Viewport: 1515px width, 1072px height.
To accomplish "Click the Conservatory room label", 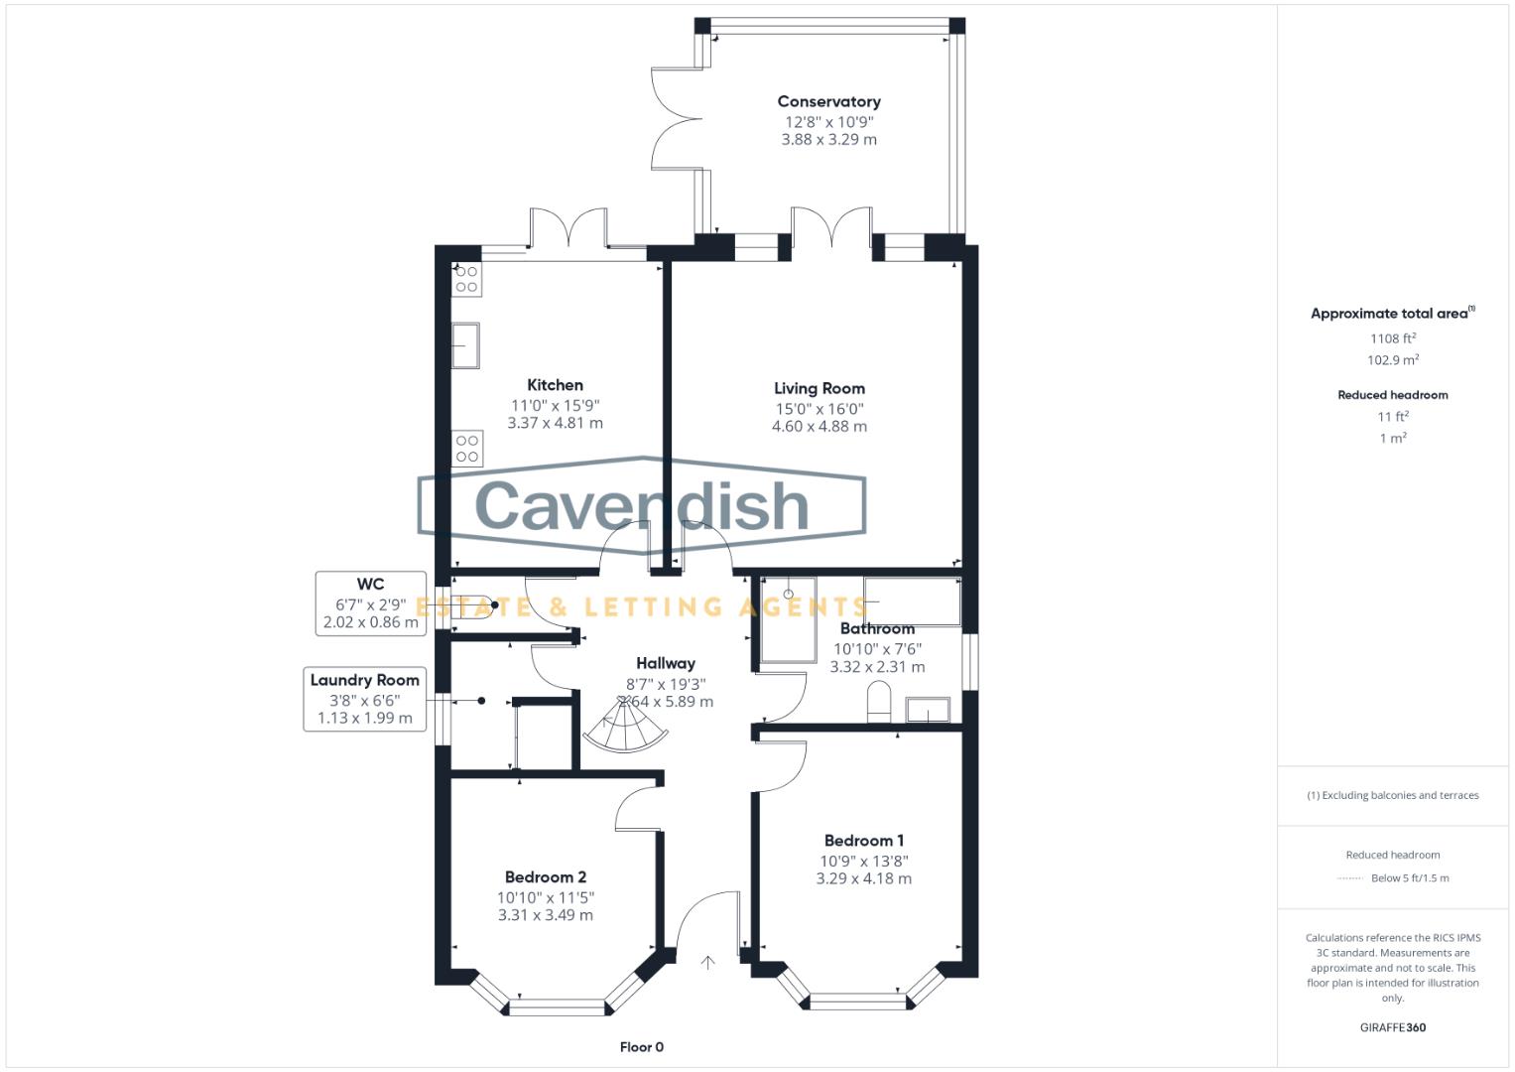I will [x=828, y=101].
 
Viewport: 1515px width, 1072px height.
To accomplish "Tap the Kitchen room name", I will [x=555, y=385].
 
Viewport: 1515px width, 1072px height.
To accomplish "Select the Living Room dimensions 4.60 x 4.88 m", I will [x=819, y=427].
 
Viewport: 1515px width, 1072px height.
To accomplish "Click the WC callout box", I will [x=370, y=603].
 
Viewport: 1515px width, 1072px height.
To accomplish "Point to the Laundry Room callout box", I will [x=364, y=699].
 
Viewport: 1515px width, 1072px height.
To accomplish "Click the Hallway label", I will [x=665, y=663].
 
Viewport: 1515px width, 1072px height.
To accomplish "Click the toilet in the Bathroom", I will [x=879, y=703].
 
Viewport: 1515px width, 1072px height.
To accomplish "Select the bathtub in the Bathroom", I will [x=911, y=601].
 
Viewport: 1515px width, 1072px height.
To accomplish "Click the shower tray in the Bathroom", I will [x=788, y=619].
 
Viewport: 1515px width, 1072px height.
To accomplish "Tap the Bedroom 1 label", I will [x=863, y=841].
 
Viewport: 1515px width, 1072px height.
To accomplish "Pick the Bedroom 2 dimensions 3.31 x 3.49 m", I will [x=545, y=915].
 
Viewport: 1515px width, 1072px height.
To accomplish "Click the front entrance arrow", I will [x=707, y=962].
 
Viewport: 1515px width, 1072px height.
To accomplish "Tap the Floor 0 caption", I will [x=641, y=1047].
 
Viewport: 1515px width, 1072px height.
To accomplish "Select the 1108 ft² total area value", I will [x=1392, y=338].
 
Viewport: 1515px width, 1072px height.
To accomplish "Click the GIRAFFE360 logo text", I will [x=1392, y=1027].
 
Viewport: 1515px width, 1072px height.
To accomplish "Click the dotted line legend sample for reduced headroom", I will [x=1350, y=878].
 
